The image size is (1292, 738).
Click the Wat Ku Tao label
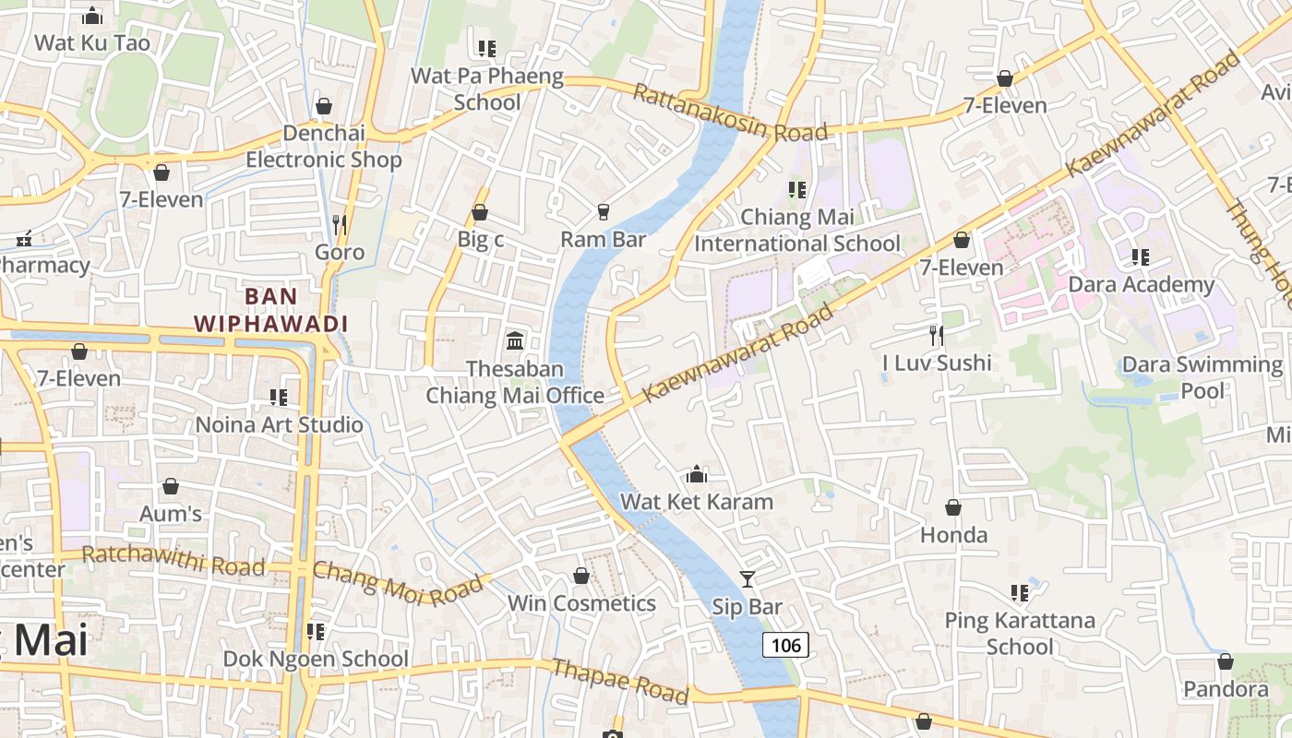click(92, 42)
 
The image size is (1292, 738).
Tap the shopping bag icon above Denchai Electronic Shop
click(323, 106)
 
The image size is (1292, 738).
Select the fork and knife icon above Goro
click(339, 224)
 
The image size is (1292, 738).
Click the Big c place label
click(481, 239)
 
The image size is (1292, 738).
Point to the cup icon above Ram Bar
click(604, 212)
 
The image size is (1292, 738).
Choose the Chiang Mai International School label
click(797, 231)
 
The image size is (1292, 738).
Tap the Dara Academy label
click(1141, 284)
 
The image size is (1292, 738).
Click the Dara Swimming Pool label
click(1202, 377)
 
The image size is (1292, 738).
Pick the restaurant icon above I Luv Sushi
click(937, 335)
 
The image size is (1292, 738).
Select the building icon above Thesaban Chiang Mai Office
click(515, 340)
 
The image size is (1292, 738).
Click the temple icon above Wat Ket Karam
click(697, 474)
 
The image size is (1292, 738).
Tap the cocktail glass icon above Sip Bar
click(748, 579)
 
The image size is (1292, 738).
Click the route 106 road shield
click(785, 645)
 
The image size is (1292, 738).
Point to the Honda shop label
click(953, 535)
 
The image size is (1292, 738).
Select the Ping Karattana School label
click(1019, 633)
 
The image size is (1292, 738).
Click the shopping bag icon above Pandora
click(1226, 661)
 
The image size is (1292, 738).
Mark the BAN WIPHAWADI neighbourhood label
click(271, 310)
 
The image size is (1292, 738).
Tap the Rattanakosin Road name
click(730, 113)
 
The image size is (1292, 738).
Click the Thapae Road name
click(619, 681)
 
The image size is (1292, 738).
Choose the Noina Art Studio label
click(280, 424)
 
